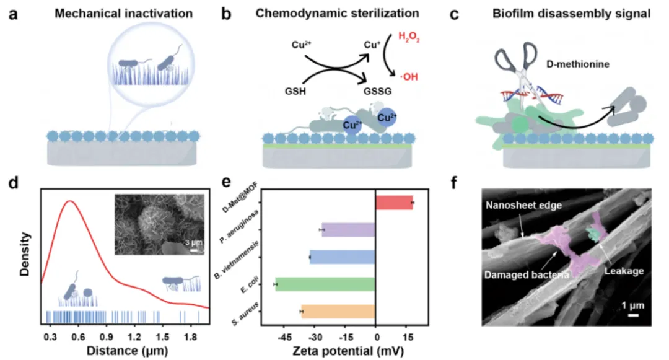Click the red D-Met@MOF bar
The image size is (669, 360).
coord(394,203)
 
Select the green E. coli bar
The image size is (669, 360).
coord(326,284)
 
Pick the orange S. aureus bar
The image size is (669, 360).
coord(338,311)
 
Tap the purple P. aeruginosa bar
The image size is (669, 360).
coord(349,230)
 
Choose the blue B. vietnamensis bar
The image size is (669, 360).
coord(343,257)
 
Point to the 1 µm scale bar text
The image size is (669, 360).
coord(632,305)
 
